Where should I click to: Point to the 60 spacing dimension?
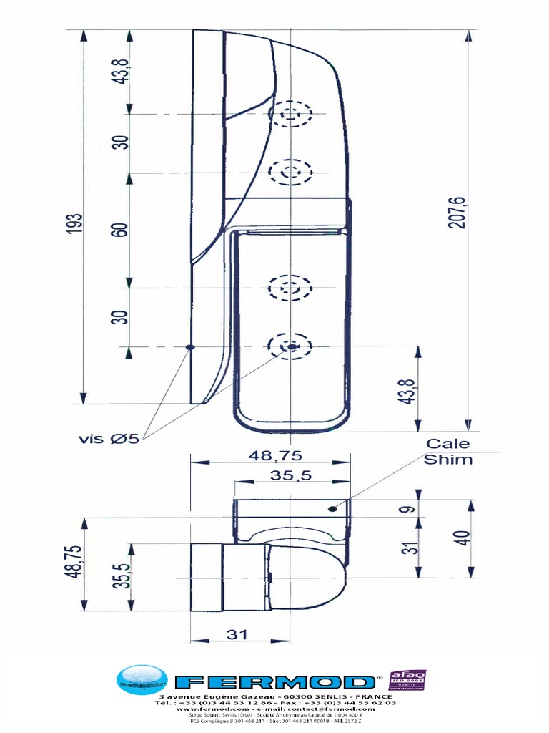tap(119, 230)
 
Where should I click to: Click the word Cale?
tap(448, 444)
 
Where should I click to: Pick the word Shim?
tap(448, 460)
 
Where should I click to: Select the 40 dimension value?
tap(464, 538)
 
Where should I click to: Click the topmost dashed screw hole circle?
tap(290, 113)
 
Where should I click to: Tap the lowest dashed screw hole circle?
tap(290, 346)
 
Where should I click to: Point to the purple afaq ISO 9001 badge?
tap(407, 681)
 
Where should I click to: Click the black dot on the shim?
tap(332, 508)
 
